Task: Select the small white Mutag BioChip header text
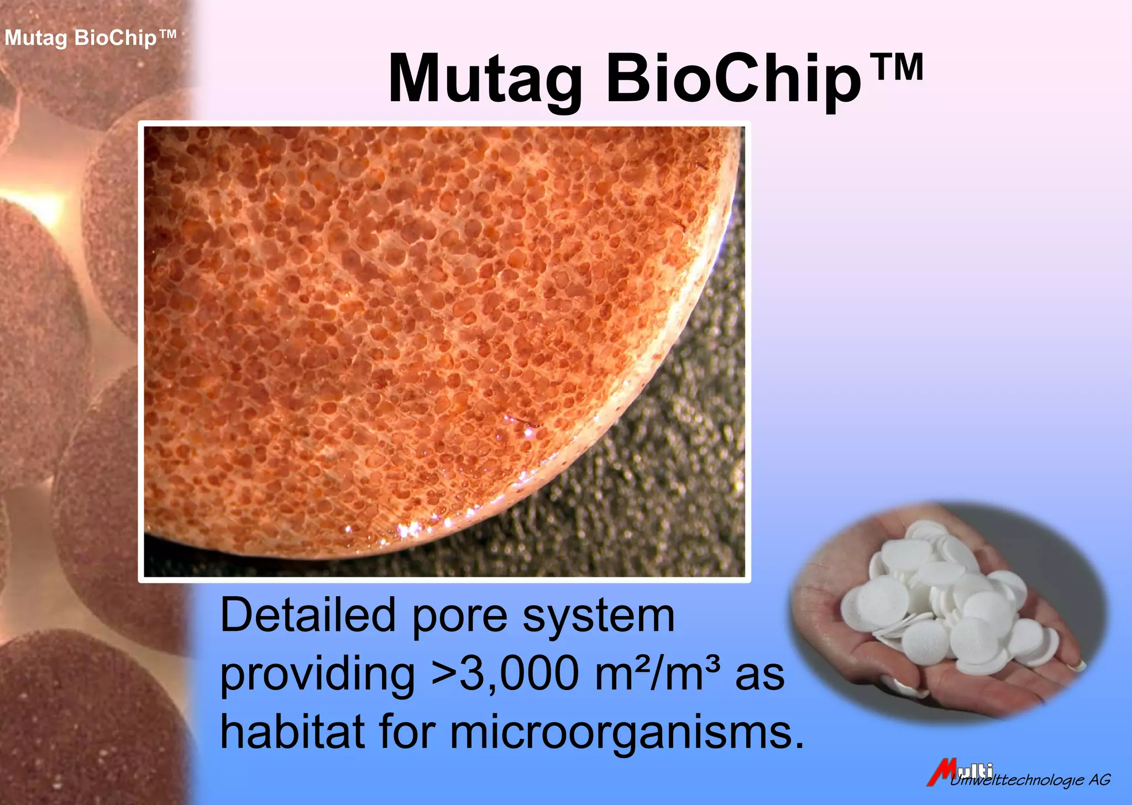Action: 90,38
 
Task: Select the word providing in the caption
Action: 317,675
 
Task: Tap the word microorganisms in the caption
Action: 627,732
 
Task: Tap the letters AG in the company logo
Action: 1099,780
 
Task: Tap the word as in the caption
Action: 760,675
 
